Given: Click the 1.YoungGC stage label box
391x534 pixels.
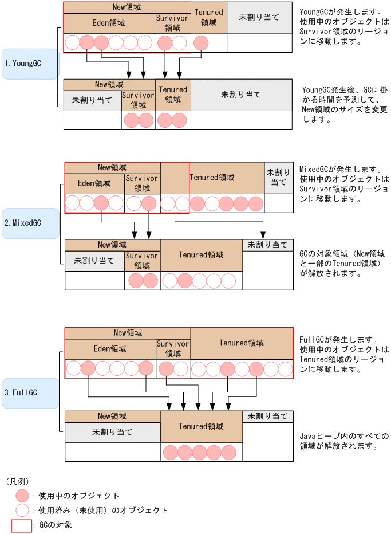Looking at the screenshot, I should point(30,64).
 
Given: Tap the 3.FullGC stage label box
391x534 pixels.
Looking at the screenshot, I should point(30,393).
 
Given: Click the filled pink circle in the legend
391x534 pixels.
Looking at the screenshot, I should point(22,496).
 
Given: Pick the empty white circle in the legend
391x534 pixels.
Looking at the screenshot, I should point(22,510).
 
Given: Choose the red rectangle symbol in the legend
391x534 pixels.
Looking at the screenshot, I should point(22,525).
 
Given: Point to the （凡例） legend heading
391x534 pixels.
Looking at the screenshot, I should point(18,481).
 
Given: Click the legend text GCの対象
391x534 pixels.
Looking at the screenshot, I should point(55,525).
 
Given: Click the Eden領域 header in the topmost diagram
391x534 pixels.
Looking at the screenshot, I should point(109,23).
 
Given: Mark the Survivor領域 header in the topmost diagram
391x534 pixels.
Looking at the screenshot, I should point(172,23).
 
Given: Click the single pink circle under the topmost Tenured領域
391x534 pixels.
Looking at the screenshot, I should point(201,42).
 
